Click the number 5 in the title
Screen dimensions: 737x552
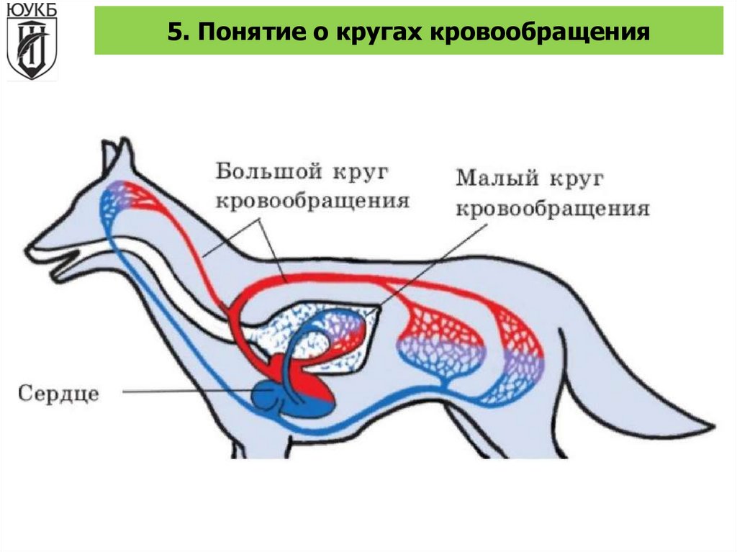[x=174, y=32]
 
